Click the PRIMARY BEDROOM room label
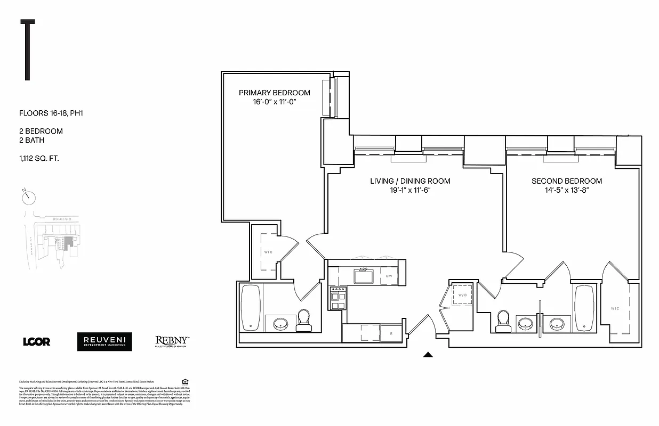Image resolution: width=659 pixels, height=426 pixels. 274,93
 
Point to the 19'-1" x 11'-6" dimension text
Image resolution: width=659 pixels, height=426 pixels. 410,190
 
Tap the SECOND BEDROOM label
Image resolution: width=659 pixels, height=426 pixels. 567,181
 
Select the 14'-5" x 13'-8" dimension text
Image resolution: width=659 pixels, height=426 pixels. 567,190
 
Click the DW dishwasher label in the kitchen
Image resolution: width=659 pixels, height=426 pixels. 389,276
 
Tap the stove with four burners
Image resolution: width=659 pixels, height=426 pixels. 338,298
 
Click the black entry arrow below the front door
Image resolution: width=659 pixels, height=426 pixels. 428,354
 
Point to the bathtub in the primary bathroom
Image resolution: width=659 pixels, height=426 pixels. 251,308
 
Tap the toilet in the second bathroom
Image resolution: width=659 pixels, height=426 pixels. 503,322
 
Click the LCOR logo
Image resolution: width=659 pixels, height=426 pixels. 37,342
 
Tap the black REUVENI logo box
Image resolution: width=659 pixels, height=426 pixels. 104,341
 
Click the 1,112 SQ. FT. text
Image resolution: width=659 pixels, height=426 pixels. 41,158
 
